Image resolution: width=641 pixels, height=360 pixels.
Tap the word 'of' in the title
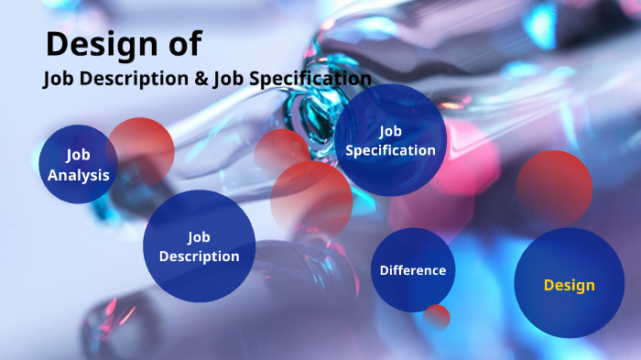click(x=182, y=43)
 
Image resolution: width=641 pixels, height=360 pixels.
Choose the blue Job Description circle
click(x=199, y=245)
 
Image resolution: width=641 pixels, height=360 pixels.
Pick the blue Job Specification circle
click(x=390, y=140)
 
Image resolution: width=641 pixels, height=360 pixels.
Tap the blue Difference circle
click(x=413, y=270)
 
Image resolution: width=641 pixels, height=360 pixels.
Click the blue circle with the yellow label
click(x=569, y=284)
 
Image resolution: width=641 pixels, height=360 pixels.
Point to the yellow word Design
click(x=569, y=285)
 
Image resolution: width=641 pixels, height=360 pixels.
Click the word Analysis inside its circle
click(x=79, y=175)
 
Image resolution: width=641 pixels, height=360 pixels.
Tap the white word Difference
click(x=413, y=270)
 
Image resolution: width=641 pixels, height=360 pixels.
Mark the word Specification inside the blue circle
click(x=390, y=150)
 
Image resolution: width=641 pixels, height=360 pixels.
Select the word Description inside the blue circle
click(x=200, y=256)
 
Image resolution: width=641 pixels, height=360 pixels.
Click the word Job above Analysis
click(x=79, y=155)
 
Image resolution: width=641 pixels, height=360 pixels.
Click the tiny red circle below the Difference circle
click(x=437, y=317)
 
